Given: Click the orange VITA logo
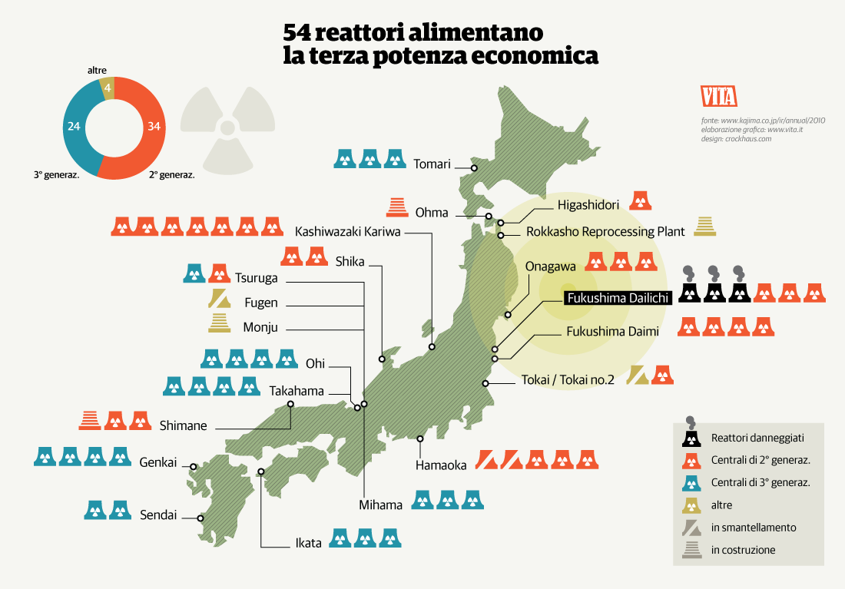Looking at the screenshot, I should click(719, 96).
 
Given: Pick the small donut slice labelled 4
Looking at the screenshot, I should click(108, 88).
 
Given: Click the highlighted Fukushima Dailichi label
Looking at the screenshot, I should click(618, 298).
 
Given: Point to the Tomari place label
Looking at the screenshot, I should click(431, 164).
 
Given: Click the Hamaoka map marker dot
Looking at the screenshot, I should click(420, 439).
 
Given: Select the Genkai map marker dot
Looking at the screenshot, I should click(194, 466).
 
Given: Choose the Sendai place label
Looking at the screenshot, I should click(158, 515).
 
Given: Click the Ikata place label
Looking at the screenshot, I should click(309, 544).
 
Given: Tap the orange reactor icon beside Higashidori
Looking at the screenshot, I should click(641, 201).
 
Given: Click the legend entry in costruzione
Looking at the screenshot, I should click(743, 550).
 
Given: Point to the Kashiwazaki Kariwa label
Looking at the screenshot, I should click(348, 231).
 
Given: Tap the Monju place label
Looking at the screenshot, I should click(260, 328).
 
